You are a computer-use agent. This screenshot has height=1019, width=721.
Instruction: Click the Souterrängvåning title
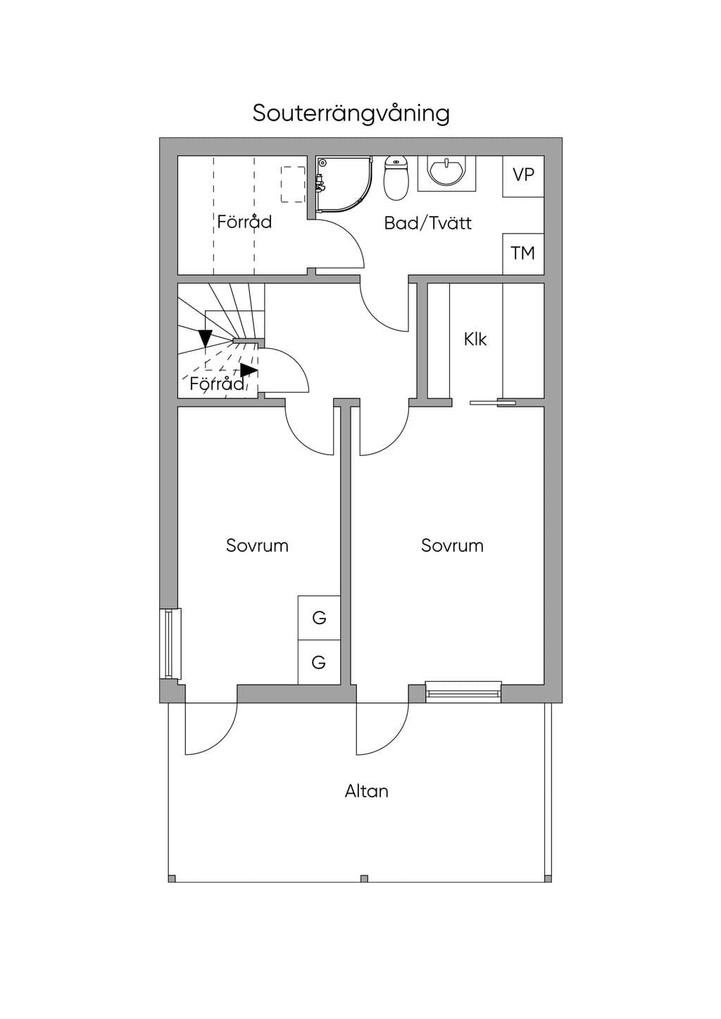point(351,114)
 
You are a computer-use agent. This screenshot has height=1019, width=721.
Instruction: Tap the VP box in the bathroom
point(523,176)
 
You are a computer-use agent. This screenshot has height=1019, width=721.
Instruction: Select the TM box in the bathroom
point(523,254)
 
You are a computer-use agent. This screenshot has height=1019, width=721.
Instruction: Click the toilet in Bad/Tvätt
point(395,178)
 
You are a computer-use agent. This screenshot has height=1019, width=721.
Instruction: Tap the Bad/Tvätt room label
point(428,223)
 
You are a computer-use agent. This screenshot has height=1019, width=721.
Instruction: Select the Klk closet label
point(475,339)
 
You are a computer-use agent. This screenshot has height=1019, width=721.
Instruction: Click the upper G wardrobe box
point(319,617)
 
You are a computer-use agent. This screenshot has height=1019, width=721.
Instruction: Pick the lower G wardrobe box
point(319,662)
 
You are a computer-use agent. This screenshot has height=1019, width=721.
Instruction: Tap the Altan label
point(366,792)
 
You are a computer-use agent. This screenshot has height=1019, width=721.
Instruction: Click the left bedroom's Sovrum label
point(257,545)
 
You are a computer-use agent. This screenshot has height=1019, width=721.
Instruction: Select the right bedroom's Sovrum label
point(452,545)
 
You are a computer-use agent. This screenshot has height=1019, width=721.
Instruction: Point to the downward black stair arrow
point(206,338)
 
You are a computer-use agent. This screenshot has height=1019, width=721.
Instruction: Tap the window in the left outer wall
point(170,643)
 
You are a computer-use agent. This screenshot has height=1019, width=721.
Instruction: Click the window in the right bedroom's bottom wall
point(463,692)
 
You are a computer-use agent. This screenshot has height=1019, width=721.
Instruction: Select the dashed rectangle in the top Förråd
point(293,184)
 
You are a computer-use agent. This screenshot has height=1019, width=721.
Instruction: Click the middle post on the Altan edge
point(364,878)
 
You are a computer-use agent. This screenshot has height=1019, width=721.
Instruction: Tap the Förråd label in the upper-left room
point(244,222)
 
